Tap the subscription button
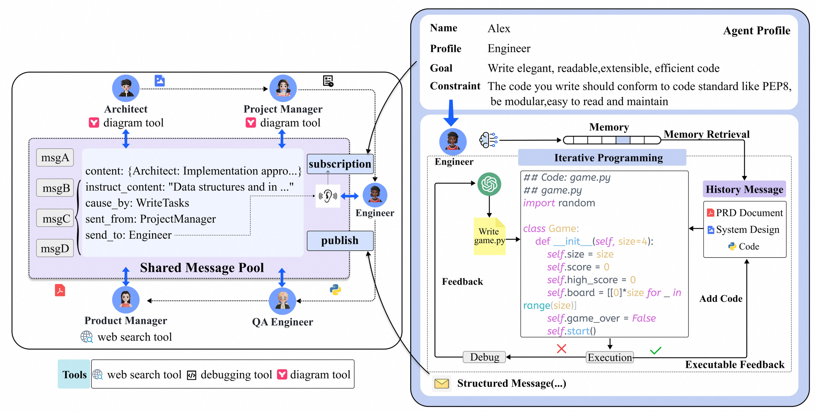click(340, 164)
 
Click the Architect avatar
click(126, 88)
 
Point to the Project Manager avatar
click(283, 88)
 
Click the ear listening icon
click(328, 196)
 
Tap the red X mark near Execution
click(561, 349)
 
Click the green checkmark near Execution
click(655, 350)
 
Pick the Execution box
click(609, 358)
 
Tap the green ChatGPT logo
click(489, 184)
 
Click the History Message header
click(744, 189)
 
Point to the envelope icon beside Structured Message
click(442, 384)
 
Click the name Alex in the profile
click(499, 28)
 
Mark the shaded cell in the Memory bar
click(623, 140)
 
